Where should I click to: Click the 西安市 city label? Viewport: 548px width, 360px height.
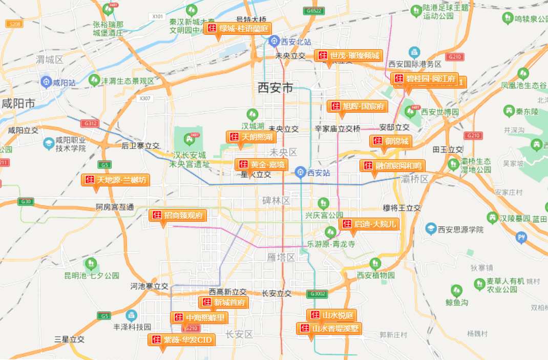coord(276,88)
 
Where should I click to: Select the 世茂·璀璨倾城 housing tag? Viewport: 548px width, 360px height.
coord(348,55)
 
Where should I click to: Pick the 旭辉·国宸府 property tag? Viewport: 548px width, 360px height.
coord(357,107)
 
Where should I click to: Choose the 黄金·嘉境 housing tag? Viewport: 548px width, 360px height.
coord(261,165)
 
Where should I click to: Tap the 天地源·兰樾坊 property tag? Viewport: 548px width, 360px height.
coord(115,180)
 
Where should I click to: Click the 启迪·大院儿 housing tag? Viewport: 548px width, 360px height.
coord(369,224)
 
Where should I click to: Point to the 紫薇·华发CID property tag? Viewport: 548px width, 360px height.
coord(181,340)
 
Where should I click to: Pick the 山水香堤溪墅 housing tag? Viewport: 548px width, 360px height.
coord(329,328)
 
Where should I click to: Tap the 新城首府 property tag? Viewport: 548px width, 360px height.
coord(224,302)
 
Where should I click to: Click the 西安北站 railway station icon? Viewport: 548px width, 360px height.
coord(275,40)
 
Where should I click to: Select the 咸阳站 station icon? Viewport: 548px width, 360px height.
coord(47,81)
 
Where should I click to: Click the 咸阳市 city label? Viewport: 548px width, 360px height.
coord(18,103)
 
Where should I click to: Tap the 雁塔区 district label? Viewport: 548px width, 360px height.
coord(281,257)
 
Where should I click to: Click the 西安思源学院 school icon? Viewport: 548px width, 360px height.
coord(431,229)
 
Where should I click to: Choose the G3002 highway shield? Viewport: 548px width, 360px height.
coord(316,294)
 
